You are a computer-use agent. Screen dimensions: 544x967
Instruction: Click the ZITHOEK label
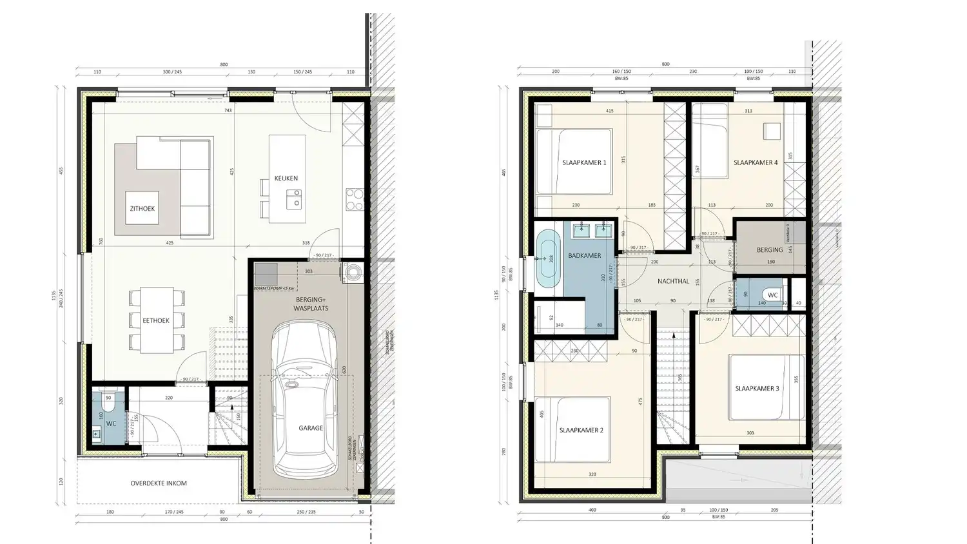142,209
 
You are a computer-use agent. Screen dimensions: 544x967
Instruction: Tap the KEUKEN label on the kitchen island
286,178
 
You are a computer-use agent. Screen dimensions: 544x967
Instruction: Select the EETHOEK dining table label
156,320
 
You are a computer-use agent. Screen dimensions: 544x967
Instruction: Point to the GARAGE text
311,428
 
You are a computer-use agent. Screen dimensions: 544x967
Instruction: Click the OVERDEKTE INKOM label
159,483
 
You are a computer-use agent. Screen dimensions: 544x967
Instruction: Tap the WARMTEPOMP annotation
274,287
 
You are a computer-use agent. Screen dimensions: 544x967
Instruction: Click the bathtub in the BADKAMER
549,258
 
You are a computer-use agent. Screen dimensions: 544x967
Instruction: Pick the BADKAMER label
585,256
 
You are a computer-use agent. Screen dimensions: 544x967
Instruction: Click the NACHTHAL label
673,281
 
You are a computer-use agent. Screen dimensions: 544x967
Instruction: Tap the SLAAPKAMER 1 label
584,162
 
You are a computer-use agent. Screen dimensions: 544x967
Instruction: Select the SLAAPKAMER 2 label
581,430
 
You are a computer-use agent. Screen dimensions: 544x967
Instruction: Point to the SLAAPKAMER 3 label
757,389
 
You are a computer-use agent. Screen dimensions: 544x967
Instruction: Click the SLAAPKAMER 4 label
755,162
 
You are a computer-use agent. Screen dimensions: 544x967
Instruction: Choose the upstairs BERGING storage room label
770,249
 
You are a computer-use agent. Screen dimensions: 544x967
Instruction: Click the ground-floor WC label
112,423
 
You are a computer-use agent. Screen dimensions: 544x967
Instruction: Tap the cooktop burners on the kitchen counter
355,199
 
